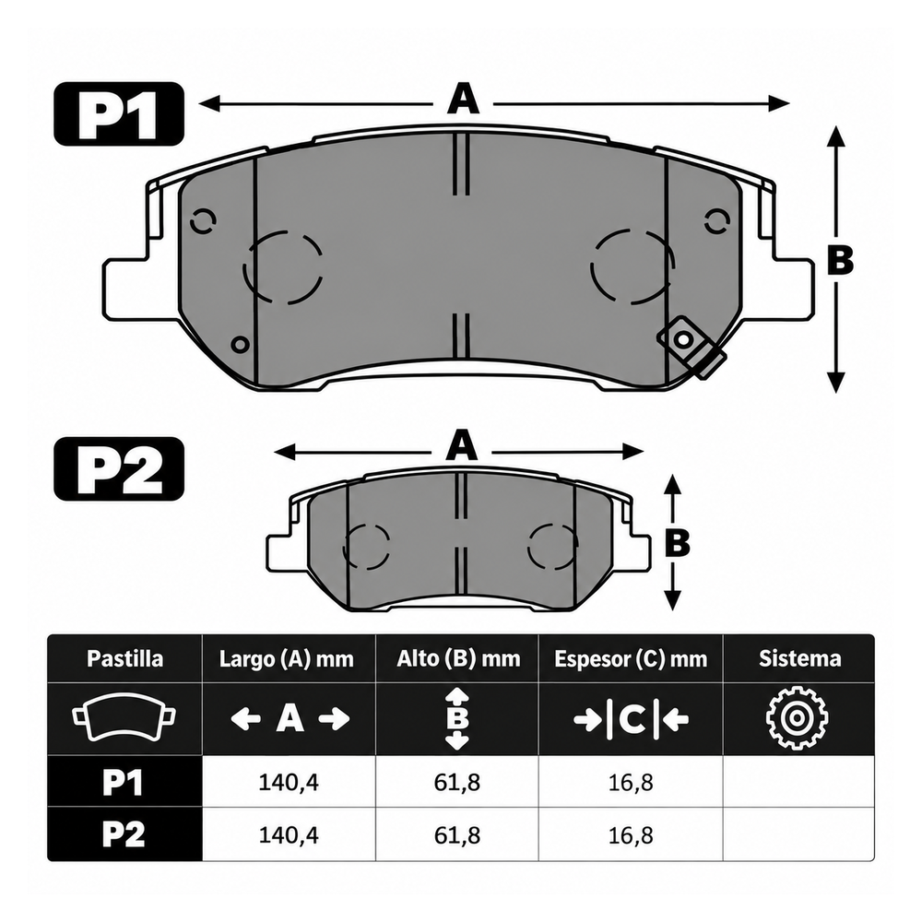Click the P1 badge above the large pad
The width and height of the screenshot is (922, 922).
click(119, 113)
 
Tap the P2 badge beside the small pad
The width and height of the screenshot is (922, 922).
click(119, 468)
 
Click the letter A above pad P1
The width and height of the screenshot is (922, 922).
click(463, 99)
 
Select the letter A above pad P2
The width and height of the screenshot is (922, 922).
click(461, 445)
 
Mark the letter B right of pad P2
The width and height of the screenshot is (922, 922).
click(677, 542)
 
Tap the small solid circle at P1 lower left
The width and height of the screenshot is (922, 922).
click(240, 344)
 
